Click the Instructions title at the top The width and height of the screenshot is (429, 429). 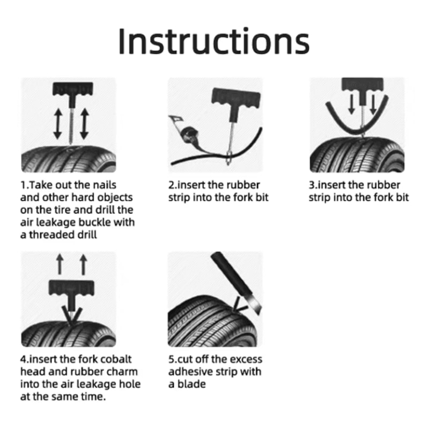pyautogui.click(x=213, y=40)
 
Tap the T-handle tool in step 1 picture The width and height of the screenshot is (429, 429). pyautogui.click(x=69, y=91)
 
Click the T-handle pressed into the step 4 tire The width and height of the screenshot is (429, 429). pyautogui.click(x=69, y=292)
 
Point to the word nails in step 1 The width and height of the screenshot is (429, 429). pyautogui.click(x=103, y=185)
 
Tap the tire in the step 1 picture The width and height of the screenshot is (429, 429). pyautogui.click(x=69, y=158)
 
